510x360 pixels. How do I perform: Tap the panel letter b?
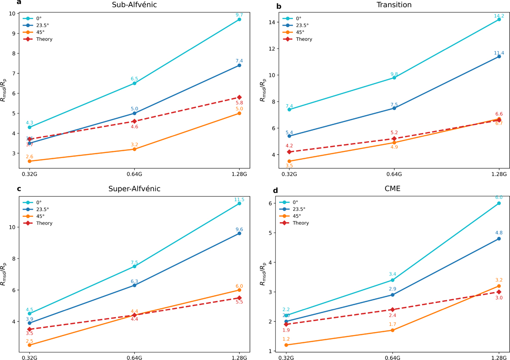pos(254,6)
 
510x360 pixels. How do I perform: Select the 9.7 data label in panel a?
pos(239,15)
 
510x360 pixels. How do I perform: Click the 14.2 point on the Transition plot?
pos(499,19)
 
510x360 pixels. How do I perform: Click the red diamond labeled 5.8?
pos(239,97)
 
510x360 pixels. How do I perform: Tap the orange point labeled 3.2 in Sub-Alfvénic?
pos(134,149)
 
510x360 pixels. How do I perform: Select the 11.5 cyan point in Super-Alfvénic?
pos(239,204)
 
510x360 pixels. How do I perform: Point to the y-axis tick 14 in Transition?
pos(272,22)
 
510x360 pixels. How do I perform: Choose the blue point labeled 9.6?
pos(239,233)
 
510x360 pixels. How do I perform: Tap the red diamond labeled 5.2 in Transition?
pos(394,139)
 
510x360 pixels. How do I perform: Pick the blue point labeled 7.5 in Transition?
pos(394,108)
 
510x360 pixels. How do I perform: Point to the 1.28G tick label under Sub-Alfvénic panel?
pos(239,173)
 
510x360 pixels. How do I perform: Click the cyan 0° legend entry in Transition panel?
pos(298,19)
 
